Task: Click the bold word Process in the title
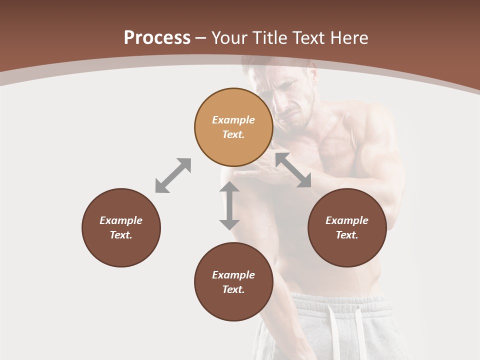coord(157,38)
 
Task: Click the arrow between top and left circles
coord(173,175)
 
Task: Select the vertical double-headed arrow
coord(229,205)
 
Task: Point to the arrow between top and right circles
coord(293,170)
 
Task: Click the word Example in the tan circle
coord(233,120)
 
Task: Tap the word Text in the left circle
coord(121,235)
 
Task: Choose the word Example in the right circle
coord(347,220)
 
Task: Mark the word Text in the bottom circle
coord(233,289)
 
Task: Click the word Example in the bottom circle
coord(233,275)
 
